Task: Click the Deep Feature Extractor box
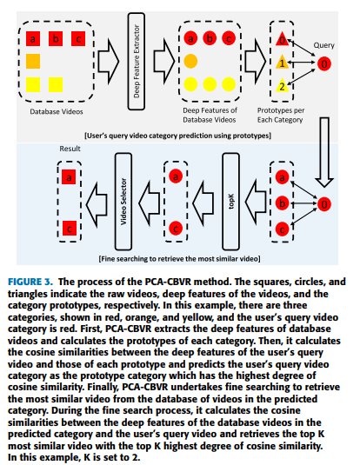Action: click(137, 61)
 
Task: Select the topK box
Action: click(231, 202)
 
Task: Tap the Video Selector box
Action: click(123, 202)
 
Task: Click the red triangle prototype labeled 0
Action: click(282, 39)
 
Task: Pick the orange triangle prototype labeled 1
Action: click(282, 63)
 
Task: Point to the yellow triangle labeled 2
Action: click(282, 86)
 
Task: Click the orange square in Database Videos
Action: click(33, 62)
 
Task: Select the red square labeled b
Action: click(56, 38)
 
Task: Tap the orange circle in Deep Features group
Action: click(190, 62)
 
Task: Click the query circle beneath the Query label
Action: click(324, 63)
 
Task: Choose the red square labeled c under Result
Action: click(70, 228)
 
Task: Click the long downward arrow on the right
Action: click(324, 152)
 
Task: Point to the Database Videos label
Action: click(57, 112)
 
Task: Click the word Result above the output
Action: click(70, 149)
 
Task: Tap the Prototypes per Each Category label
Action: click(281, 115)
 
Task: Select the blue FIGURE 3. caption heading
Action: click(30, 282)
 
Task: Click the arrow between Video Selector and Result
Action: click(97, 204)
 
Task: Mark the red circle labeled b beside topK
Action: click(282, 203)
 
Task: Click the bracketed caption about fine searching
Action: click(179, 259)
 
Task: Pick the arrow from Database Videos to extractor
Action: click(109, 62)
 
